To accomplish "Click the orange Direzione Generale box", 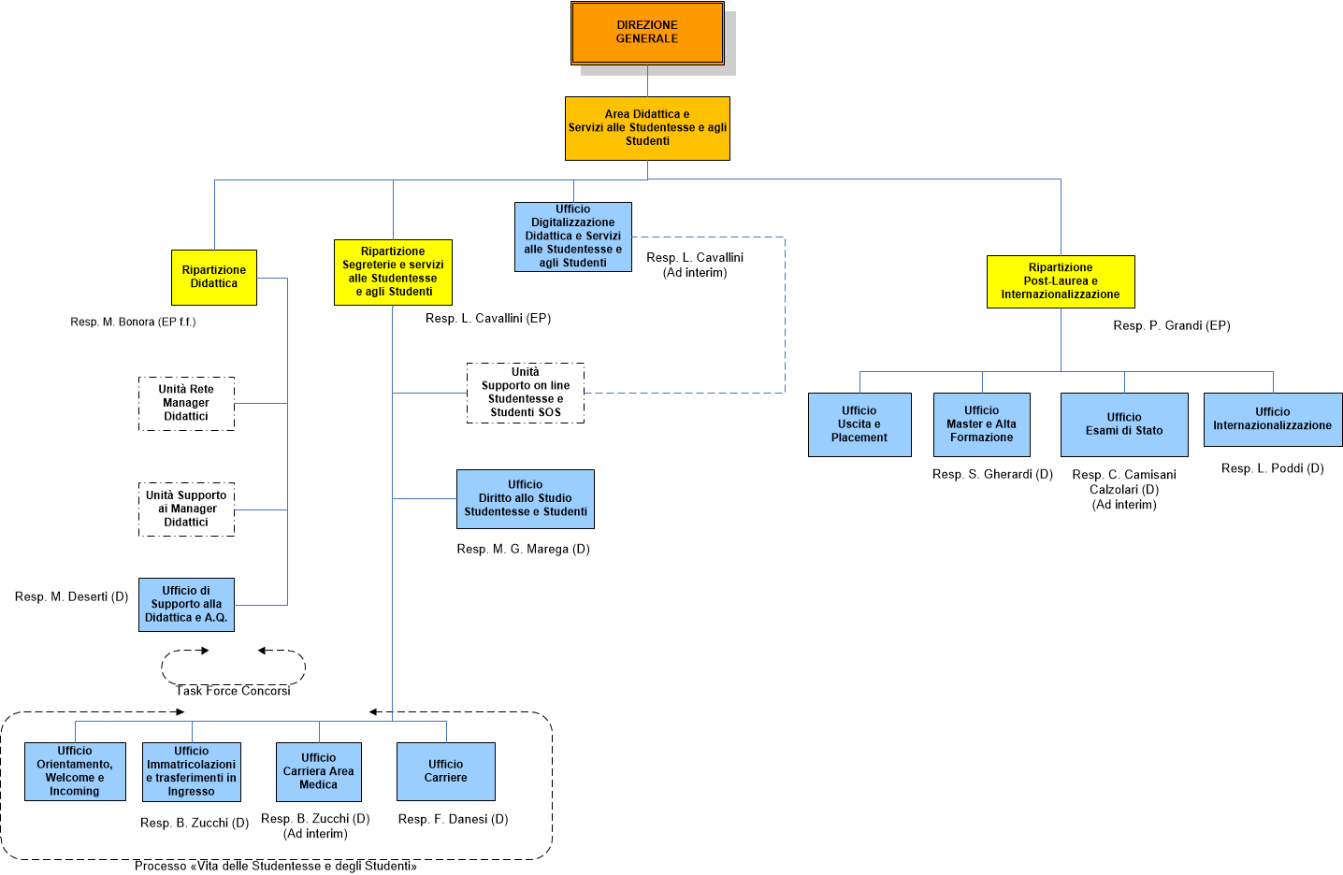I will [x=647, y=33].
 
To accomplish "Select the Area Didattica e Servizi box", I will [x=647, y=128].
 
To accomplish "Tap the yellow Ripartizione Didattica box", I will [x=214, y=277].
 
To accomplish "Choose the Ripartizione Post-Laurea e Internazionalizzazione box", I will [x=1061, y=281].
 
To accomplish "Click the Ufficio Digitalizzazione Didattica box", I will [x=573, y=237].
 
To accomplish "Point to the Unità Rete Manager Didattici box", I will [x=186, y=403].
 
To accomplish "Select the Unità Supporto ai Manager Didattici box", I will [x=186, y=509].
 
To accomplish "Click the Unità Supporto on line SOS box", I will [x=526, y=393].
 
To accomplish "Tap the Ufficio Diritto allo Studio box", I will [x=526, y=498].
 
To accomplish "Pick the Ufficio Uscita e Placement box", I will [x=859, y=424].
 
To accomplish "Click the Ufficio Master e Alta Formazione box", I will [x=982, y=424].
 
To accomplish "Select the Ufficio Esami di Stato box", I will [x=1124, y=424].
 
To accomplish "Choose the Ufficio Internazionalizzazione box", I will [x=1273, y=419].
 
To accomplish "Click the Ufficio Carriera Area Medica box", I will [x=319, y=771].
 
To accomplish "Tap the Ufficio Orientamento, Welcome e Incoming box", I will [x=75, y=771].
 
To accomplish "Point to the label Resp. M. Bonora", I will [x=133, y=322].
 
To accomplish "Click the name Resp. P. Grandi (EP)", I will [x=1172, y=325].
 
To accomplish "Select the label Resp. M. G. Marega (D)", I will [x=523, y=549].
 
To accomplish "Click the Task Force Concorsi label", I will [x=234, y=691].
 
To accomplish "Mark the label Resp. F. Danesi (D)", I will [x=454, y=819].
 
